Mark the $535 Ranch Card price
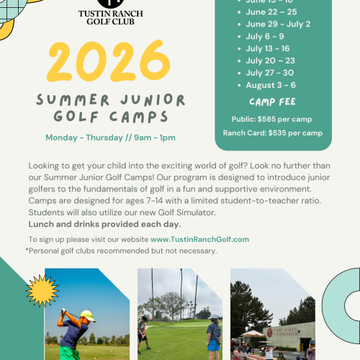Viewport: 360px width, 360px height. [273, 132]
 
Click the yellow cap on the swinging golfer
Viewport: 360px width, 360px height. [86, 316]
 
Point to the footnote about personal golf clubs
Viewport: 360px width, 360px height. [121, 251]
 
